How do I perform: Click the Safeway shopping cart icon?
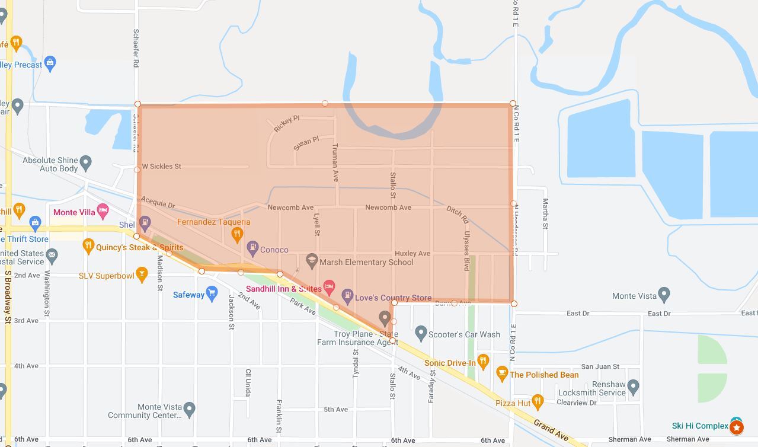[x=212, y=294]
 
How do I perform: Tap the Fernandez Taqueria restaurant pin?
[x=237, y=234]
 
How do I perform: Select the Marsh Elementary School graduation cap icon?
[x=311, y=260]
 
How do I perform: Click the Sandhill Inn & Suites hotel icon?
[x=330, y=287]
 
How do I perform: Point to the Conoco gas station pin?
[x=252, y=247]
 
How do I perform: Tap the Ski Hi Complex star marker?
[x=737, y=426]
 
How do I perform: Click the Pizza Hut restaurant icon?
[x=538, y=402]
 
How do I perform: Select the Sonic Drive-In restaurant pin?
[x=483, y=360]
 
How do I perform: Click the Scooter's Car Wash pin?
[x=421, y=333]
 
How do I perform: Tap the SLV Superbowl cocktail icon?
[x=141, y=274]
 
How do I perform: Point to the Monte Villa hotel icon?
[x=103, y=210]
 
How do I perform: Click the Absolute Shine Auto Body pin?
[x=86, y=162]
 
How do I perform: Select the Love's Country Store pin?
[x=347, y=296]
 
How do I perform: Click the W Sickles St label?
[x=161, y=167]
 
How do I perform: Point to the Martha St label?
[x=545, y=213]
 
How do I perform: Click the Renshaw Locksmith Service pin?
[x=633, y=387]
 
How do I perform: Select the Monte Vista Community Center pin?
[x=189, y=408]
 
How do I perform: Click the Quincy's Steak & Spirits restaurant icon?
[x=88, y=245]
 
